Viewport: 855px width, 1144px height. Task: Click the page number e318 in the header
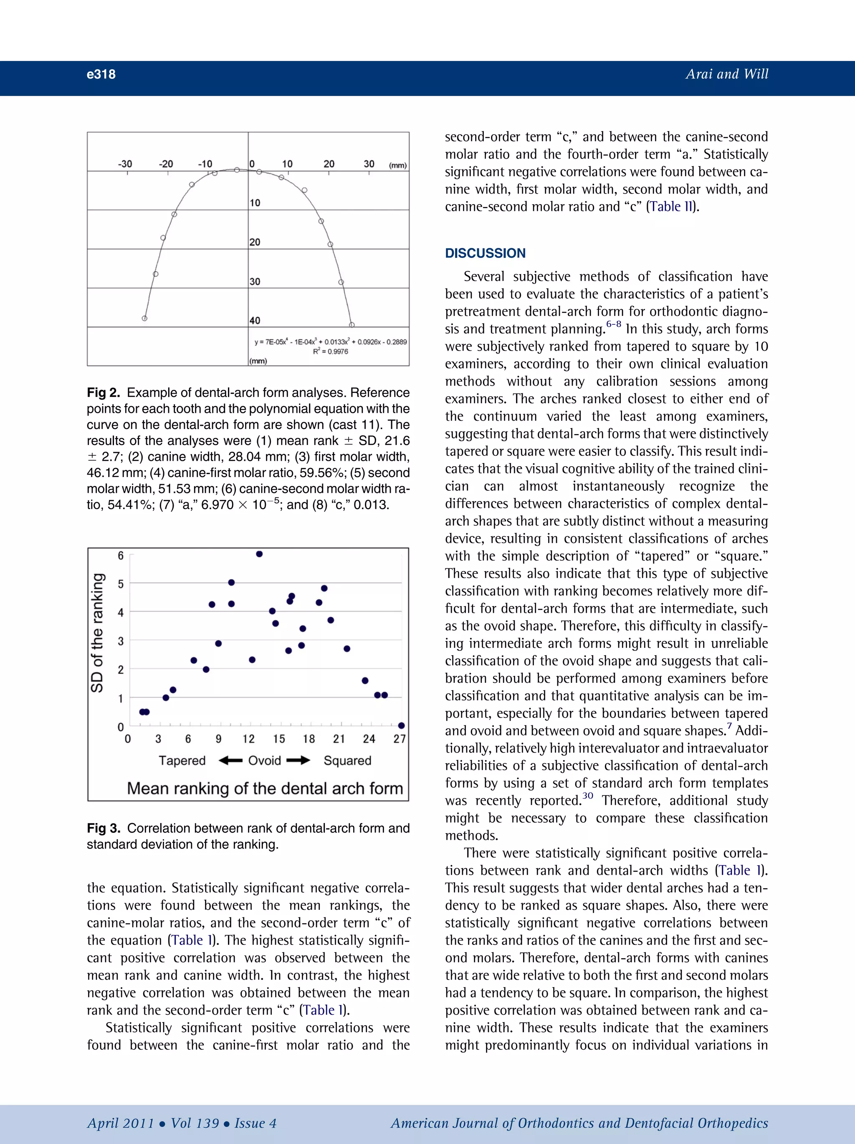point(101,74)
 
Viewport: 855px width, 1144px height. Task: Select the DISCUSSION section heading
point(485,253)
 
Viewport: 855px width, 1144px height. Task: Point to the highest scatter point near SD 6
point(259,554)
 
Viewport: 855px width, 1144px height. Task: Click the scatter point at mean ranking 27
point(401,726)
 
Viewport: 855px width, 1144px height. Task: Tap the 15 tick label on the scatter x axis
point(279,739)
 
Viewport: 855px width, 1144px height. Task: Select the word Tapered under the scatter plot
point(182,761)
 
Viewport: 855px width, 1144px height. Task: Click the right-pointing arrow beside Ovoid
point(298,761)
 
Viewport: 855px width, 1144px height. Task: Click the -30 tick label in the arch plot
point(125,164)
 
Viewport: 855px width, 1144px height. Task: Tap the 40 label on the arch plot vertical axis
point(255,321)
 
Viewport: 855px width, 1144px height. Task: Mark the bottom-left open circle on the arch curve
point(145,318)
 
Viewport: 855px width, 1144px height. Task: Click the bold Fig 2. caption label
point(103,393)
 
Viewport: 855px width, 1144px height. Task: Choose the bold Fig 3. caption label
point(104,828)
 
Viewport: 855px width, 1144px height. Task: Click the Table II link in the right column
point(671,207)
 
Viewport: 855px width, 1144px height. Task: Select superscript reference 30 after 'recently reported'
point(587,796)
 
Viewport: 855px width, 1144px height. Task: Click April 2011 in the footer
point(121,1123)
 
